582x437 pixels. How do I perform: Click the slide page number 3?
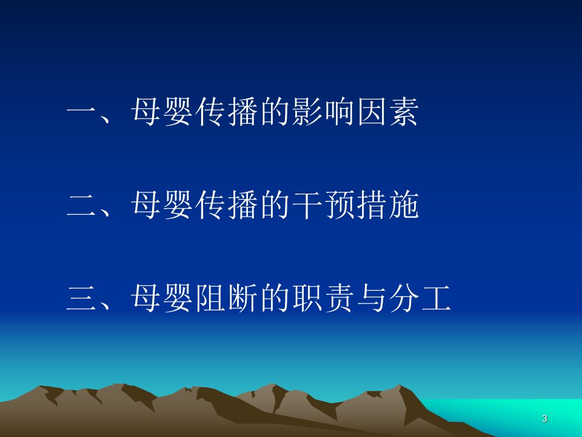544,418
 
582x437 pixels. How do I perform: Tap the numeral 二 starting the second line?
82,205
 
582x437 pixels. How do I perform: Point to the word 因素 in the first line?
388,112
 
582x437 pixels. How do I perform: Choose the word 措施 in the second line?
388,205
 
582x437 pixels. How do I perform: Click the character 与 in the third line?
372,298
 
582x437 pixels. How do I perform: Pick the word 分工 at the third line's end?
421,298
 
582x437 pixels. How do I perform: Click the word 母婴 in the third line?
162,298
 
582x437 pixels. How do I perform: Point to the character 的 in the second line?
275,205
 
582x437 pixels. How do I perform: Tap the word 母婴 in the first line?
162,112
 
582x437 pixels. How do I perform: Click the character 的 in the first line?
275,112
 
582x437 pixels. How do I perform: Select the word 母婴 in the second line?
162,205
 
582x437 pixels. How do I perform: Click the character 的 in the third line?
275,298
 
